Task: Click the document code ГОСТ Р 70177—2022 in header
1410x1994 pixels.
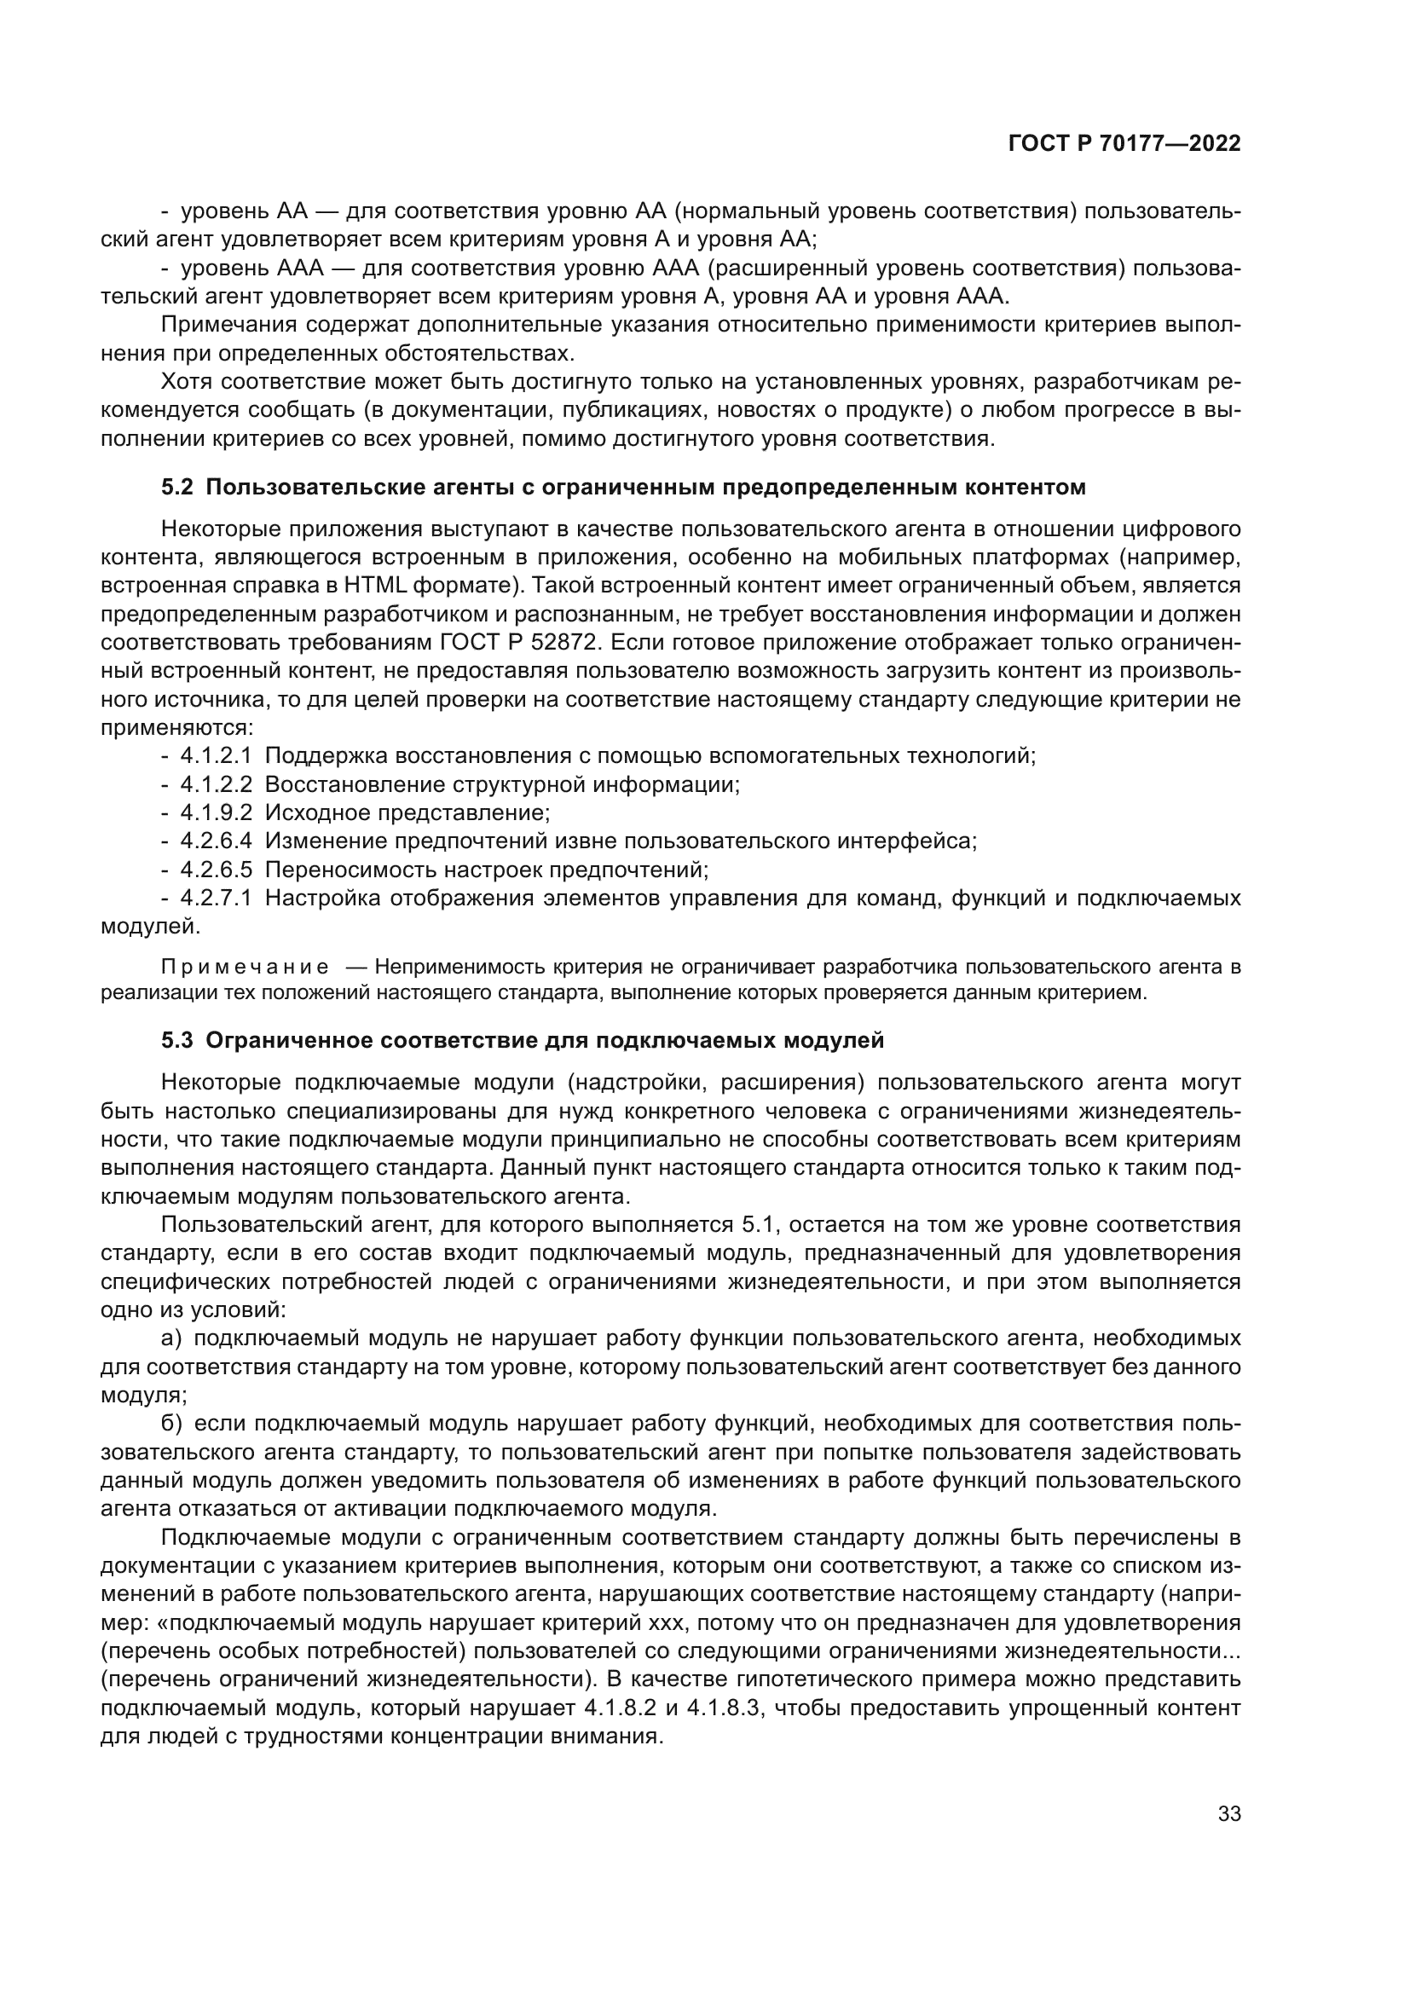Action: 1124,144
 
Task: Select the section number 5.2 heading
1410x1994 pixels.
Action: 177,488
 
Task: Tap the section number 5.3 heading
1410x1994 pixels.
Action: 177,1040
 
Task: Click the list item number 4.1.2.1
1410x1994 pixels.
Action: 216,756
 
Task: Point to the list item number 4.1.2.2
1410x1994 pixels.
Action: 216,785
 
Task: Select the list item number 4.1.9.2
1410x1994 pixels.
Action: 216,814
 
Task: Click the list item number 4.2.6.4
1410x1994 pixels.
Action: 216,841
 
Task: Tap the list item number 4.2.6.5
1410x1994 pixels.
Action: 216,870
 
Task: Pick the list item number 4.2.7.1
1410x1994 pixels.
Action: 216,899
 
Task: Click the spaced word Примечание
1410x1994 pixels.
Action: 245,968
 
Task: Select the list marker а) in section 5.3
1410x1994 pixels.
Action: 171,1339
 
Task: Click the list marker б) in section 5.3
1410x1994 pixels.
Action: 171,1425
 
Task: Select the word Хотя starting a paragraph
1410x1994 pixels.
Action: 188,382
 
